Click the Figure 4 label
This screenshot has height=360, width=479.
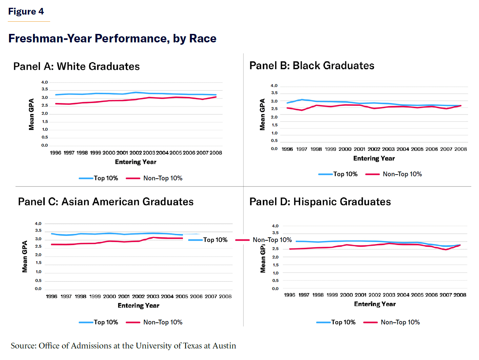tap(26, 12)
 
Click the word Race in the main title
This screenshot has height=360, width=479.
tap(203, 39)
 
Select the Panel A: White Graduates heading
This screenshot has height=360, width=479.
tap(77, 66)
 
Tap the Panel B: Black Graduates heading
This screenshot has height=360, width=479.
tap(312, 65)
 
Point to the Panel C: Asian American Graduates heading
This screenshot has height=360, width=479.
tap(106, 202)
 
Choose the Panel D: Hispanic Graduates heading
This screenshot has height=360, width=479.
tap(320, 202)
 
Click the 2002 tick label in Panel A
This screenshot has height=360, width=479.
tap(136, 153)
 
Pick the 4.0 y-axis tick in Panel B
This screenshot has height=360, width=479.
tap(274, 86)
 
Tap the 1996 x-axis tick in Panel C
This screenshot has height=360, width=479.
tap(51, 297)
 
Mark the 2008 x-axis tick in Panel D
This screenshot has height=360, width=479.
tap(460, 295)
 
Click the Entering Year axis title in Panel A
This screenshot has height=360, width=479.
tap(136, 162)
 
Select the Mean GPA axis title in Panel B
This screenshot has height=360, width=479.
tap(263, 115)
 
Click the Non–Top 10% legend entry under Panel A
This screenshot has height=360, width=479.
tap(163, 178)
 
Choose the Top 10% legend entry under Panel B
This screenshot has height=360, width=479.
tap(345, 174)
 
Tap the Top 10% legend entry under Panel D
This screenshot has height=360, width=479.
tap(343, 322)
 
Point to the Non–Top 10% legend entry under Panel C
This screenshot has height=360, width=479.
tap(163, 322)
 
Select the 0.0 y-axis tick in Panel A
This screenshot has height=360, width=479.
tap(45, 145)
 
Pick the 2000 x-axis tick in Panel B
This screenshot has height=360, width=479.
tap(345, 149)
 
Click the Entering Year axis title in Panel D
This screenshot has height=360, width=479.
tap(375, 304)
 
